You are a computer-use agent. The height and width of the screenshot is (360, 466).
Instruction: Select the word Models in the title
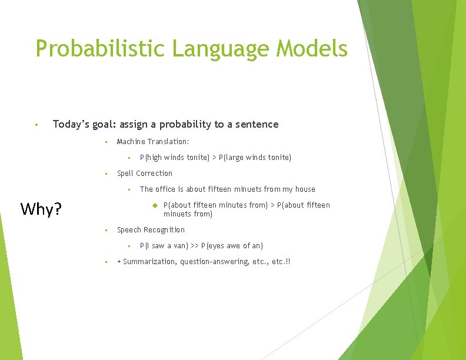(x=318, y=48)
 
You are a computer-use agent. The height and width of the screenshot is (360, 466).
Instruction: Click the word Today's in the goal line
(x=70, y=124)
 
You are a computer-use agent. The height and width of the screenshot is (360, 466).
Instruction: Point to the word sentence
(x=257, y=124)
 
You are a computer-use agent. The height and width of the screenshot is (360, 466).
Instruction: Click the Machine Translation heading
(x=153, y=142)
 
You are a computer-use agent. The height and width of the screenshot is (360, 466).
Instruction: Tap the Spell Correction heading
(x=145, y=174)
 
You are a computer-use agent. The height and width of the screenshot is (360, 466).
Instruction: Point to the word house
(x=305, y=189)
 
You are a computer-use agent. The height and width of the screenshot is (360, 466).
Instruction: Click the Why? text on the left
(x=41, y=209)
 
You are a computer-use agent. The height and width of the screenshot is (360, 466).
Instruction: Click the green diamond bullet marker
(x=155, y=205)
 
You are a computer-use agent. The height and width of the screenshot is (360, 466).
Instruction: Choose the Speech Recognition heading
(x=151, y=230)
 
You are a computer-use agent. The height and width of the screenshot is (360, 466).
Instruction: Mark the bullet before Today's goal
(x=36, y=125)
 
